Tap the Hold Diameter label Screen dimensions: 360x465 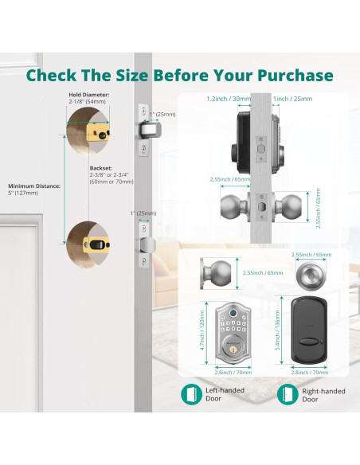[89, 95]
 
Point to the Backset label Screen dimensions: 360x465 [101, 168]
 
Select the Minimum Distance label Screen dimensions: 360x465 [34, 186]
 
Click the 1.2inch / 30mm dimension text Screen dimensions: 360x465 [229, 99]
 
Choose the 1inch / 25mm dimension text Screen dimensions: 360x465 [292, 99]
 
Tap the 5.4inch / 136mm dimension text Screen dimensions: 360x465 [278, 330]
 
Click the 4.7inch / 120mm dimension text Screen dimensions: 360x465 [202, 330]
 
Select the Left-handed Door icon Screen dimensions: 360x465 [191, 394]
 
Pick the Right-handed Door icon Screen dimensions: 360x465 [288, 394]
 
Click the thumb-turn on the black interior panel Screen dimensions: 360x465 [309, 342]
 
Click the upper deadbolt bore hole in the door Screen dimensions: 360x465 [88, 131]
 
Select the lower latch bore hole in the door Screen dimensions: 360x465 [88, 244]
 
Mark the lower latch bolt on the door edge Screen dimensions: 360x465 [149, 244]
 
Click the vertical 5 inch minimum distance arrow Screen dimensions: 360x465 [64, 190]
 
